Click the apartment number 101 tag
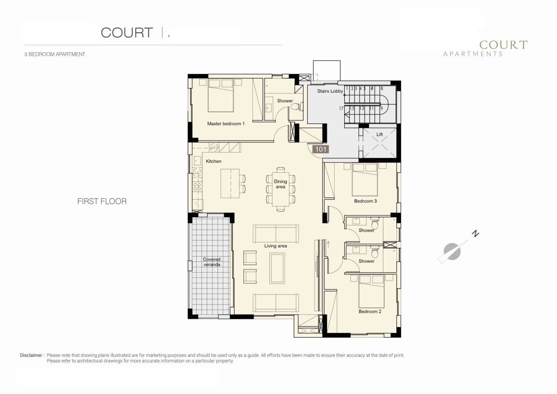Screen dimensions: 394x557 321,149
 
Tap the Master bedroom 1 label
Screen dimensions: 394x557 225,124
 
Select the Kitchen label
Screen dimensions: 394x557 214,161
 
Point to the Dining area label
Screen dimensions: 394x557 281,184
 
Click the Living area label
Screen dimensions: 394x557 275,246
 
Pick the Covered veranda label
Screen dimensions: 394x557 211,262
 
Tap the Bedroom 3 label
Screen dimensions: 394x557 365,201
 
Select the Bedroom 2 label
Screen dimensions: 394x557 370,312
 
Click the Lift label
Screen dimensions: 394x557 379,135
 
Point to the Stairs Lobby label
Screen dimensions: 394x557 330,91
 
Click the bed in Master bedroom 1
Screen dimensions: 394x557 221,95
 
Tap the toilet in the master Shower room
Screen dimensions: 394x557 295,107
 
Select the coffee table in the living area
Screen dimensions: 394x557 277,268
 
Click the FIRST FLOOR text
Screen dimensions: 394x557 102,201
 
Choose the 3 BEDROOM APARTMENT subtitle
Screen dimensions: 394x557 55,54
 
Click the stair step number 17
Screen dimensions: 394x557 342,108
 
